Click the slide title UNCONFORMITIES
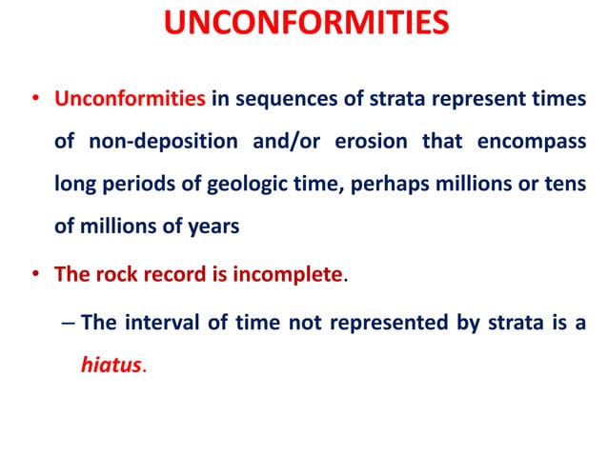[304, 24]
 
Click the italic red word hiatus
[111, 365]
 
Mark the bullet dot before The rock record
[36, 275]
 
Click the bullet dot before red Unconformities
[36, 99]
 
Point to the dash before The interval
[66, 322]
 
